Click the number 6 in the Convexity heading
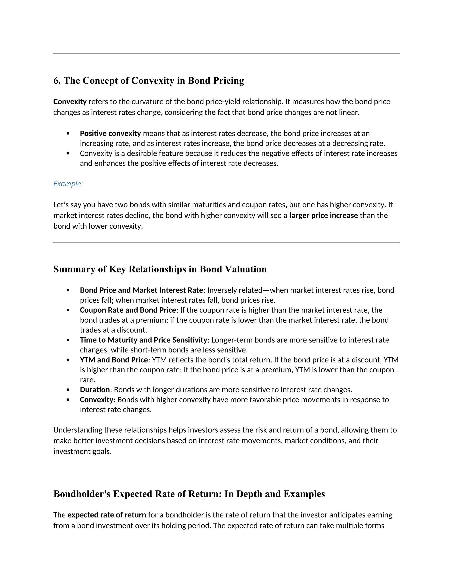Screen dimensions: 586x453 point(56,81)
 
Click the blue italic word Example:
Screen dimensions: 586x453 point(68,184)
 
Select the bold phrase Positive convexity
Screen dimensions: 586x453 point(110,133)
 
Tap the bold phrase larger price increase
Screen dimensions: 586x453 point(323,215)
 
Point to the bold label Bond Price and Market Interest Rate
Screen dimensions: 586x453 point(141,290)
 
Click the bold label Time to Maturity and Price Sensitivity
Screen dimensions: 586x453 point(144,340)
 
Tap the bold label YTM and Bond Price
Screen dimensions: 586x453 point(114,360)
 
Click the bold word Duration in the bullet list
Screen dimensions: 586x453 point(95,390)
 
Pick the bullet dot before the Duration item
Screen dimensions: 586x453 point(68,390)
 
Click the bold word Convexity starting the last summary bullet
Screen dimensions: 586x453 point(97,400)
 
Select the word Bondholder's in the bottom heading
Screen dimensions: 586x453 point(82,494)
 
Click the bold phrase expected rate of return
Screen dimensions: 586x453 point(107,515)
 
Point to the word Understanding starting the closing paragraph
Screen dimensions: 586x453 point(78,430)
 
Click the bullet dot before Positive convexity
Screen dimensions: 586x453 point(68,134)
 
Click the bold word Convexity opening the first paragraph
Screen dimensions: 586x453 point(70,102)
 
